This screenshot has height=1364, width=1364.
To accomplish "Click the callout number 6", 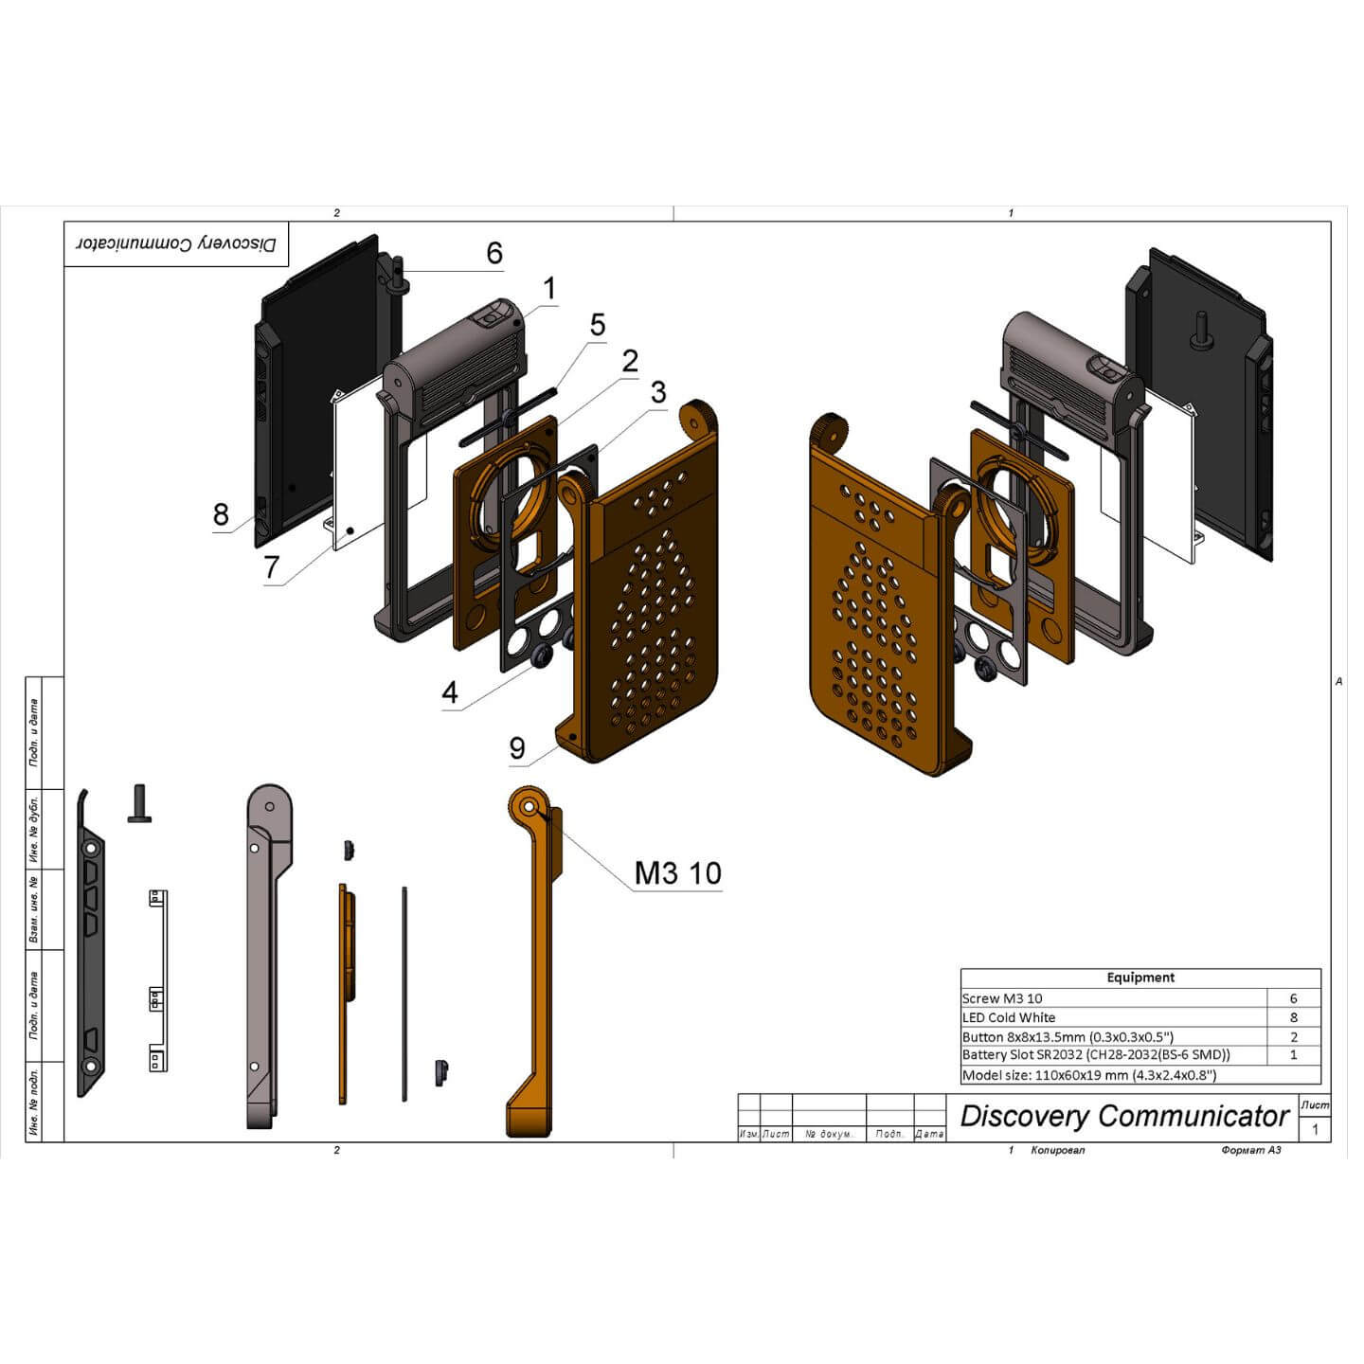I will tap(494, 253).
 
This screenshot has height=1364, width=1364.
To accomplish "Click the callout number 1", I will tap(548, 289).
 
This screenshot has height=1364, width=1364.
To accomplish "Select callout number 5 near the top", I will tap(597, 325).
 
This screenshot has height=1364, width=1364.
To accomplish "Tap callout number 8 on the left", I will tap(221, 514).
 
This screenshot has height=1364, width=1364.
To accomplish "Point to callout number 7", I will tap(272, 566).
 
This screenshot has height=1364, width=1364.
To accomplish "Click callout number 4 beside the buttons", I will tap(450, 692).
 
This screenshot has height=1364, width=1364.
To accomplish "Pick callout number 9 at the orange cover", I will tap(516, 748).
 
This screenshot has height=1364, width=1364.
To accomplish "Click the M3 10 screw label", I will tap(677, 872).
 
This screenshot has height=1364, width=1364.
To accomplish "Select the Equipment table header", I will tap(1140, 978).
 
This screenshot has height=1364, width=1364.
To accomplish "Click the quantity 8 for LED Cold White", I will tap(1293, 1017).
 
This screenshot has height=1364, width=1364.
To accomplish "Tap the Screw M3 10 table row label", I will tap(1001, 998).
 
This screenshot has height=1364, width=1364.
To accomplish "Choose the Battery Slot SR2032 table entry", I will tap(1095, 1055).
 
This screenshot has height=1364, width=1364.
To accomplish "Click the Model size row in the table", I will tap(1088, 1075).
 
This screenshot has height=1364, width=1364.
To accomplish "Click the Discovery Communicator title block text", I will tap(1124, 1116).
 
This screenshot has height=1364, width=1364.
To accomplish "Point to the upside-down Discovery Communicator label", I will tap(176, 244).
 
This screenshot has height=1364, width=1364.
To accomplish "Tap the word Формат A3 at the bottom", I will tap(1251, 1150).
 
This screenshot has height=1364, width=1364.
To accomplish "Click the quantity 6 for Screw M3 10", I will tap(1293, 998).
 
